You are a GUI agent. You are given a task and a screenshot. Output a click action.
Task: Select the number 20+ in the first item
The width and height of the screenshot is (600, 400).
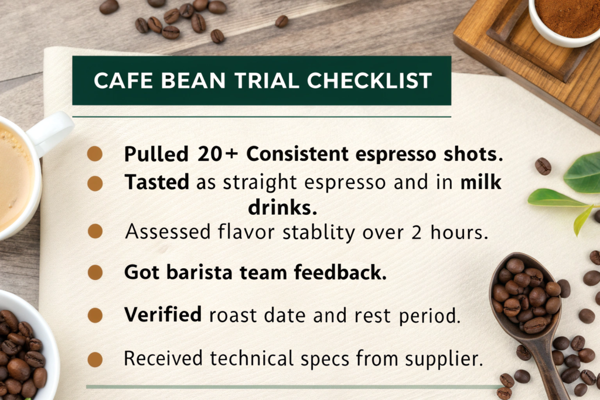click(x=218, y=153)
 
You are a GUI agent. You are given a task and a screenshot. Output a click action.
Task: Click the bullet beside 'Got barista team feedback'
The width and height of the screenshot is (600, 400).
click(x=95, y=273)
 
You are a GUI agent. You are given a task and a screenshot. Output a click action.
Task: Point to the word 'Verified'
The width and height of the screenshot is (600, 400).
click(x=163, y=314)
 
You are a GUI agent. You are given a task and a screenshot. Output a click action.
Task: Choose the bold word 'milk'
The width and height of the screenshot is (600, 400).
click(x=480, y=182)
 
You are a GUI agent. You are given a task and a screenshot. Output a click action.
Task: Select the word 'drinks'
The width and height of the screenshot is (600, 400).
click(x=282, y=208)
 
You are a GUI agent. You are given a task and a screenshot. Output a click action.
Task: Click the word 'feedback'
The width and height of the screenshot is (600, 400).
click(x=340, y=273)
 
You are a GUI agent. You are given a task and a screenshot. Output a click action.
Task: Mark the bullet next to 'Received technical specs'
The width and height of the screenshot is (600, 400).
click(x=95, y=360)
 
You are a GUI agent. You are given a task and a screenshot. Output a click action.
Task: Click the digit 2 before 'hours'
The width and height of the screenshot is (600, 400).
click(x=417, y=233)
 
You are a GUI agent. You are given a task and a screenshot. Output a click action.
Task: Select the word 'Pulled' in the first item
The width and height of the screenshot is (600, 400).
click(x=156, y=153)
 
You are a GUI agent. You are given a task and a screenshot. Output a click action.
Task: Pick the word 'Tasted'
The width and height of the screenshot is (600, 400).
click(x=157, y=182)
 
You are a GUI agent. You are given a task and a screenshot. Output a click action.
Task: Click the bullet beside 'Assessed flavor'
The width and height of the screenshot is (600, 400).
click(x=95, y=231)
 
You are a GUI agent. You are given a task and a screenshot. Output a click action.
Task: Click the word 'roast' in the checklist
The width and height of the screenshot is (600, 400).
click(x=233, y=315)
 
